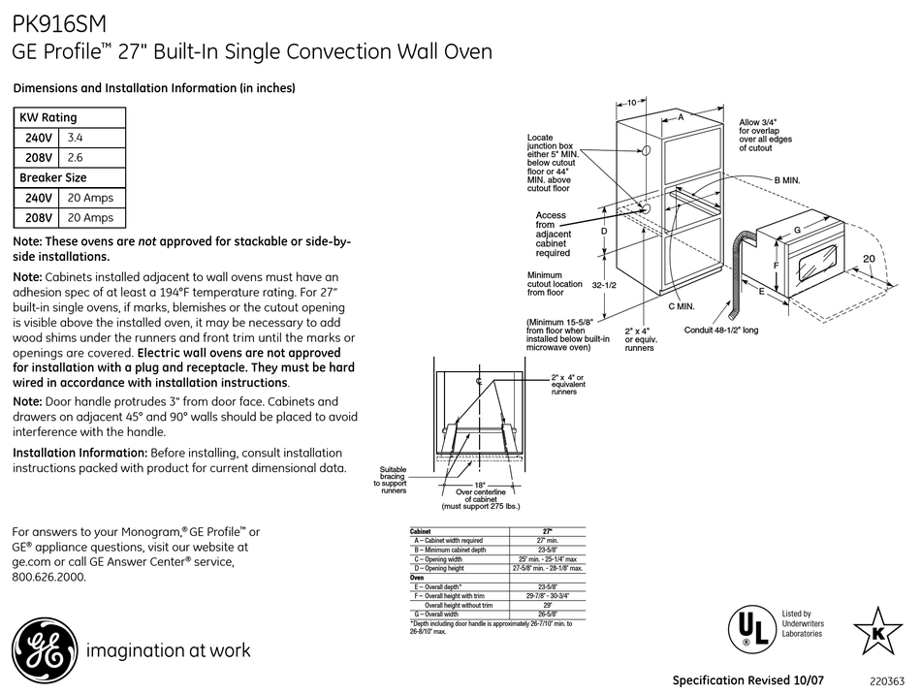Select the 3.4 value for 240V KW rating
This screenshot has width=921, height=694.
coord(75,138)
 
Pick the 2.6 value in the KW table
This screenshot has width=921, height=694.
coord(75,157)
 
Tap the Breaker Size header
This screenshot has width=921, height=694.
coord(53,177)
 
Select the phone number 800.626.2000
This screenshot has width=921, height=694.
coord(48,576)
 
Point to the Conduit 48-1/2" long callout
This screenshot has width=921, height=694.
coord(720,331)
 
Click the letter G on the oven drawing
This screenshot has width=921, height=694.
coord(797,231)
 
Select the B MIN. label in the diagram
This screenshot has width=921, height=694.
coord(786,180)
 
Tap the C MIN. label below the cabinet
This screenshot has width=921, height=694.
coord(681,306)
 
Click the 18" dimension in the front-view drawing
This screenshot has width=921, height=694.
coord(479,485)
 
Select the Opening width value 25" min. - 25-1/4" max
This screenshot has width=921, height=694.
coord(547,559)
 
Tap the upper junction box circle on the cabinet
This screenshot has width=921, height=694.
coord(645,152)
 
